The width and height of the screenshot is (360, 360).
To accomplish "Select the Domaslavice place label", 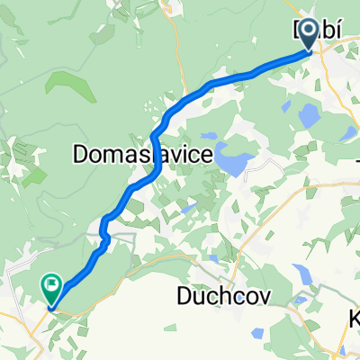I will (141, 155).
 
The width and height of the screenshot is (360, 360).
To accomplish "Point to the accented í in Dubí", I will (334, 31).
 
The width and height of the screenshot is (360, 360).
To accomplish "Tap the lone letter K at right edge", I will (354, 320).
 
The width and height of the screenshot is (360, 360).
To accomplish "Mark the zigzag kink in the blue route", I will (105, 236).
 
